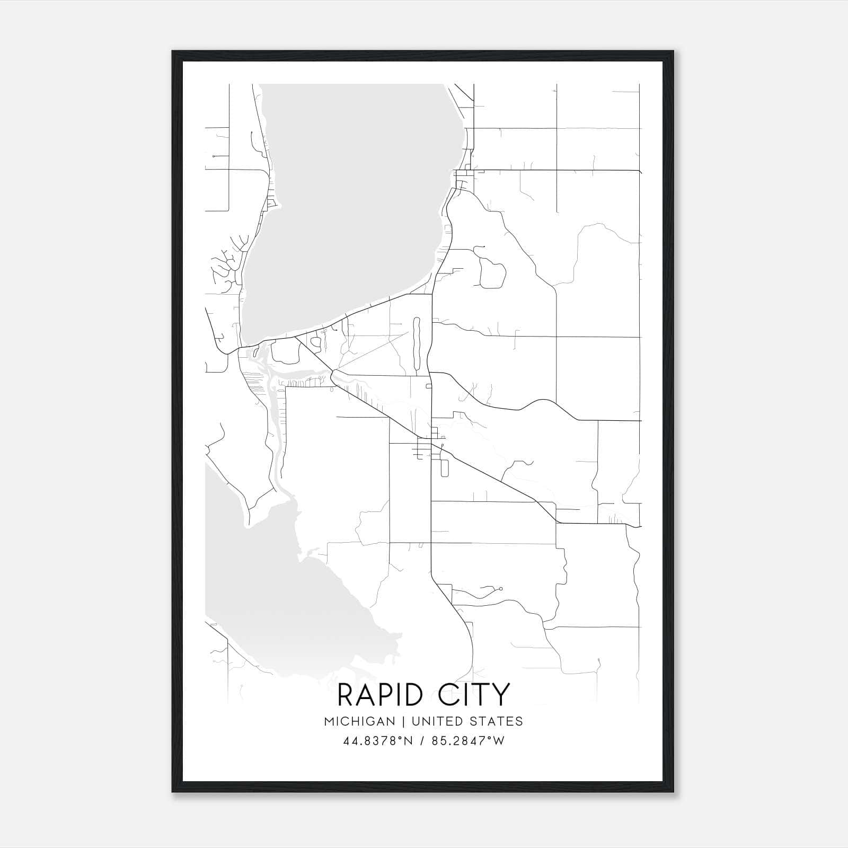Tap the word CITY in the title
click(474, 695)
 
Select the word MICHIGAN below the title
click(360, 721)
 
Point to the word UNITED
click(437, 721)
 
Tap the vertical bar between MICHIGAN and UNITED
click(403, 721)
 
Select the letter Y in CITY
click(500, 695)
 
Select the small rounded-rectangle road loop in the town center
click(444, 468)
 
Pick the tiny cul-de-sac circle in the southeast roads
click(500, 588)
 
